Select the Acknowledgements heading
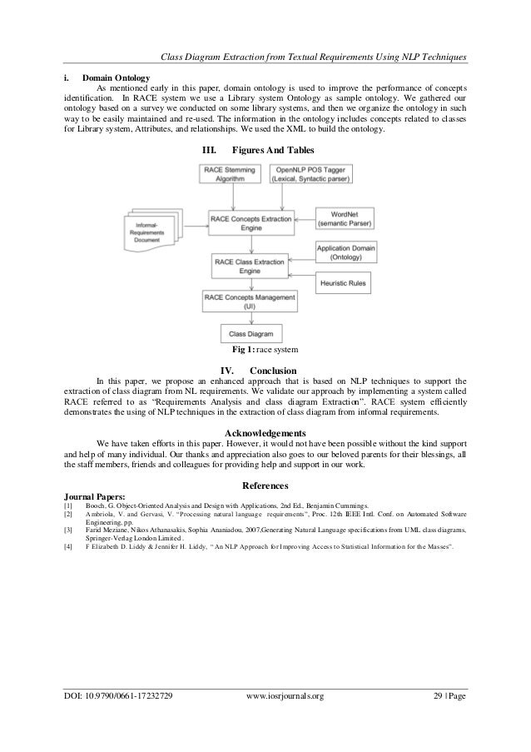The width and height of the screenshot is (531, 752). pyautogui.click(x=265, y=432)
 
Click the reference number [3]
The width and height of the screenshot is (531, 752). pyautogui.click(x=68, y=528)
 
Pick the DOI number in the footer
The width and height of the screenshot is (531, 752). pyautogui.click(x=118, y=717)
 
